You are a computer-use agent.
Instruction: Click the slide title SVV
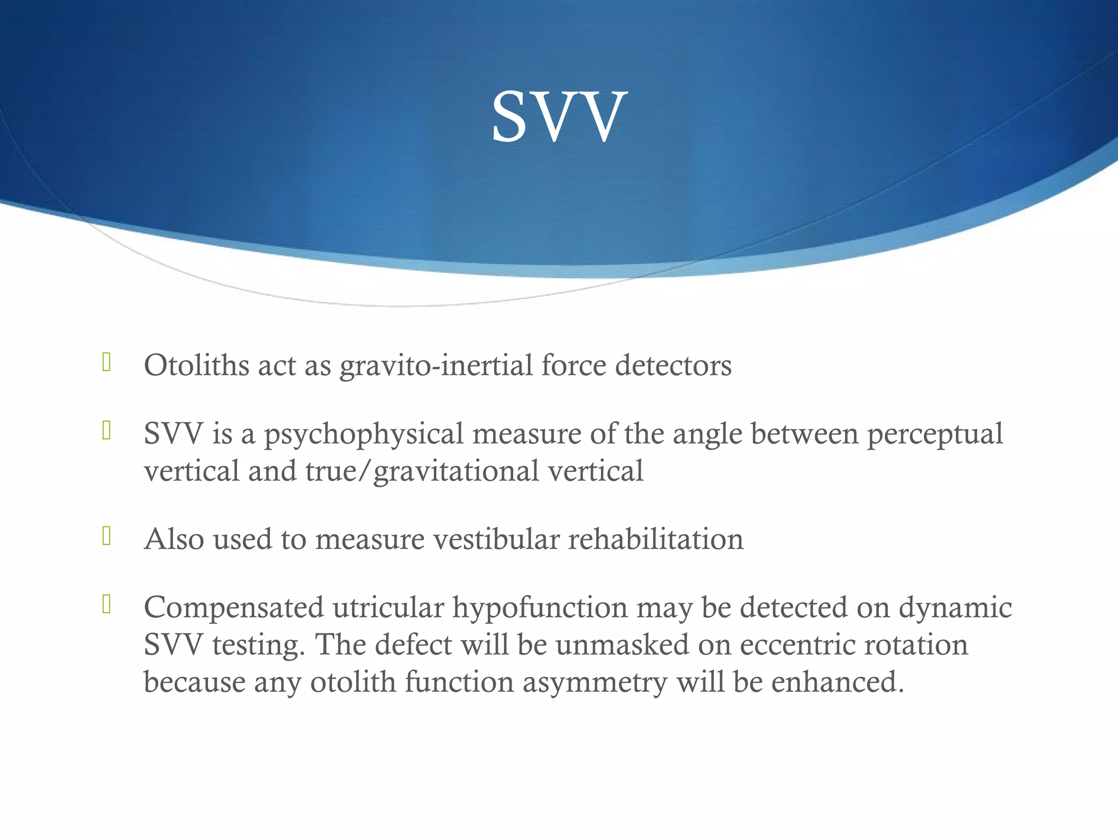coord(558,117)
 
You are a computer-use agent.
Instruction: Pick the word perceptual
coord(935,435)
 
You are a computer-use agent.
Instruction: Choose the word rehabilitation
coord(656,539)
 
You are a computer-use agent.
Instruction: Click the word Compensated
coord(234,607)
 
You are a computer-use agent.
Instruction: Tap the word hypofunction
coord(540,608)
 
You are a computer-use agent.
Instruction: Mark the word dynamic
coord(955,607)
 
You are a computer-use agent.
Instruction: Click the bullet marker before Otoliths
coord(106,363)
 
